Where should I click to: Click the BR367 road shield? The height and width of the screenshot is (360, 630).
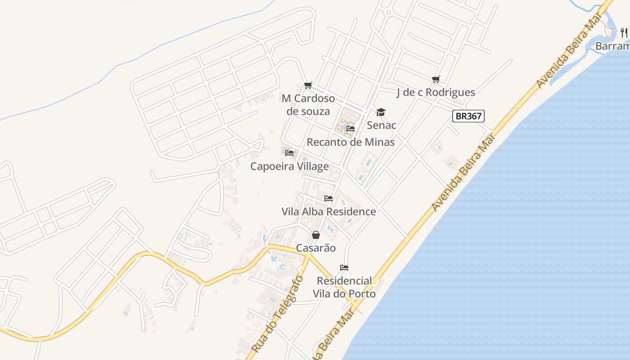pos(468,116)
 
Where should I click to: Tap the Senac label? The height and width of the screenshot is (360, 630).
pos(382,125)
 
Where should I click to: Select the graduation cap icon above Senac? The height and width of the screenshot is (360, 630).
pos(381,112)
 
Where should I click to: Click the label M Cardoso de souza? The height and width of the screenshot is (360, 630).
pos(308,104)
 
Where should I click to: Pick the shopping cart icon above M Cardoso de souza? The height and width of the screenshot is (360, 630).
pos(308,85)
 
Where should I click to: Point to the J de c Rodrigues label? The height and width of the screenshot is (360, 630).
pos(436,92)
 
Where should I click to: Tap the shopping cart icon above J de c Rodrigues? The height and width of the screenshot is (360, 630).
pos(436,80)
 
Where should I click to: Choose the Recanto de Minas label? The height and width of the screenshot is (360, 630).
pos(351,142)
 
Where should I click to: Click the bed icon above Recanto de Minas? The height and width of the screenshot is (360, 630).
pos(351,129)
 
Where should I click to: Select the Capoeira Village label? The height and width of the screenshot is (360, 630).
pos(289,166)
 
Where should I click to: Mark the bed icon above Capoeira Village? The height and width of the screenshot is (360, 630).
pos(289,153)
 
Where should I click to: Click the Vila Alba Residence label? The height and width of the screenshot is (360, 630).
pos(328,211)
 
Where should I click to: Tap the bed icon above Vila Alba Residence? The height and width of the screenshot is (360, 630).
pos(328,198)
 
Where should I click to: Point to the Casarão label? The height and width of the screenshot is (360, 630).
pos(316,248)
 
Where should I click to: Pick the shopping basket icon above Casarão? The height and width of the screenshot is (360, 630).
pos(316,235)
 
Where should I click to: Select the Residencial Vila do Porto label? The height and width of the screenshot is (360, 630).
pos(345,287)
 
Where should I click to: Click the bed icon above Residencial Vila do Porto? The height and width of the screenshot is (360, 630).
pos(344,268)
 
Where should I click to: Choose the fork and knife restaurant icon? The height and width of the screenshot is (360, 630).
pos(624,32)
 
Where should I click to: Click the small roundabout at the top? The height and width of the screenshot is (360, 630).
pos(388,12)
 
